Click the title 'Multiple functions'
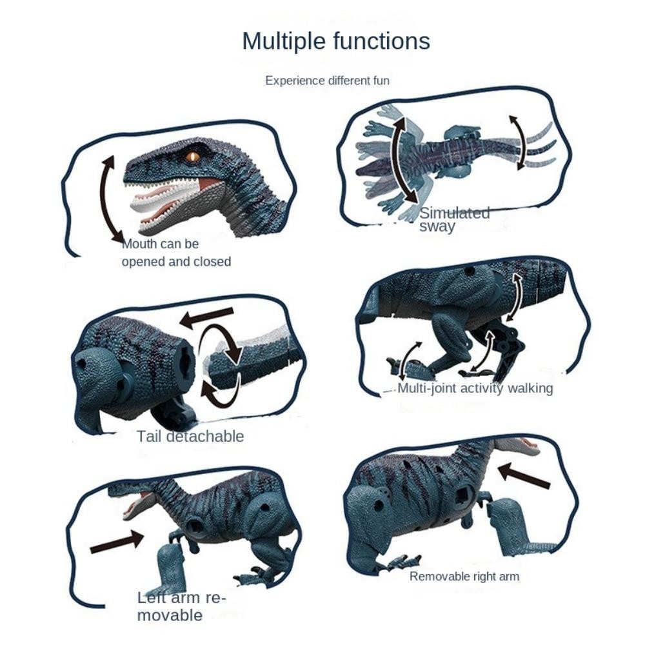(336, 41)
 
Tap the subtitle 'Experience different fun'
(327, 81)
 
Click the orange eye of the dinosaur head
(192, 157)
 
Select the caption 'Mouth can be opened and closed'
(176, 253)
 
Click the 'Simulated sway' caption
(454, 220)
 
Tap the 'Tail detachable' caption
(190, 437)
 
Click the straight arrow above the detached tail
(206, 317)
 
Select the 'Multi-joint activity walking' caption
(475, 388)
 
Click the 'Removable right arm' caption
(464, 576)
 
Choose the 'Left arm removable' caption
(181, 606)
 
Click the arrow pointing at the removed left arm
(117, 541)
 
